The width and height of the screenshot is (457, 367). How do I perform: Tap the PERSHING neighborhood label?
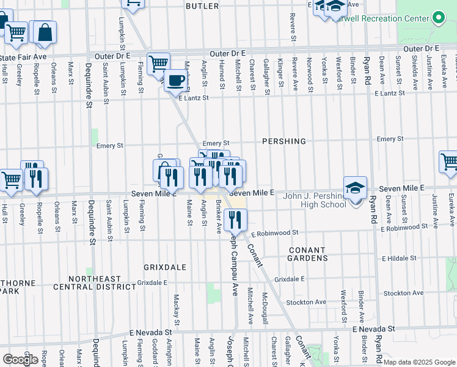283,141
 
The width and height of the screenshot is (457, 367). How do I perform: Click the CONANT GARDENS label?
307,254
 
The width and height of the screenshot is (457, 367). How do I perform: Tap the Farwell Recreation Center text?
379,18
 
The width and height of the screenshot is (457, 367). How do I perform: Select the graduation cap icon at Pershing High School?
356,188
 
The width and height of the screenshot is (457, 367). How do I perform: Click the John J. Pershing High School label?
315,200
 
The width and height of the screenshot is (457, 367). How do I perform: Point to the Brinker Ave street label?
218,218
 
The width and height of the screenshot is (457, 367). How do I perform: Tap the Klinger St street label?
280,72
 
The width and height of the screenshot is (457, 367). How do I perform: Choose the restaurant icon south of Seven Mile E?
235,219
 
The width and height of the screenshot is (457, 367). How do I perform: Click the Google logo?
20,360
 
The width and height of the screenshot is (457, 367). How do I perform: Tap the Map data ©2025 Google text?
419,362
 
